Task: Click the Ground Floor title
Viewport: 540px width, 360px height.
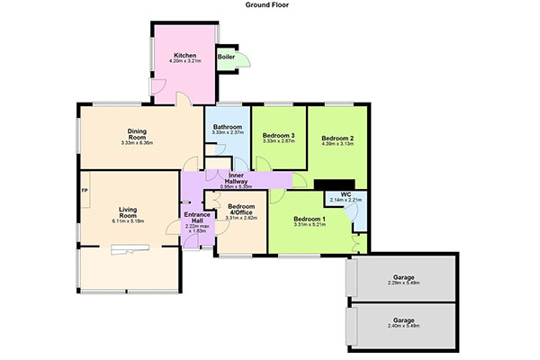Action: (267, 4)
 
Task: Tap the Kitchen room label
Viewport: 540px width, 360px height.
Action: (184, 55)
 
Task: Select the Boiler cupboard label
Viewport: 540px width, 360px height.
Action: (226, 57)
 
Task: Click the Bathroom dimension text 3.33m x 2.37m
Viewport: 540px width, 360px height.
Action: (228, 132)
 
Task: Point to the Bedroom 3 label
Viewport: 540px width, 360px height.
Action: (279, 135)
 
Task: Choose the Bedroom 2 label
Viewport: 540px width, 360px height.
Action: (337, 138)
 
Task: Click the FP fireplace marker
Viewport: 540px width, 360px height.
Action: (85, 190)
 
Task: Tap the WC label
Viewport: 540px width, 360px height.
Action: (346, 194)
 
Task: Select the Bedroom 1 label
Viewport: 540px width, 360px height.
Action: (310, 219)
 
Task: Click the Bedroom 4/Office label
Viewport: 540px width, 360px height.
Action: (241, 210)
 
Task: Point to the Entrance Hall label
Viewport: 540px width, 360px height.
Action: (197, 218)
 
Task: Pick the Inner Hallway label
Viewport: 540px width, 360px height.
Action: (236, 178)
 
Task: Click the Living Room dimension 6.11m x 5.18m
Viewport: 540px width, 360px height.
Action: (128, 221)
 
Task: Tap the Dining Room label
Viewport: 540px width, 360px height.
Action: (137, 134)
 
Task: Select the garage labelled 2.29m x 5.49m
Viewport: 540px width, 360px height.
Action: (403, 280)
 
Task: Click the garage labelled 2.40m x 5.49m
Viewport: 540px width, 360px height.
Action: (403, 323)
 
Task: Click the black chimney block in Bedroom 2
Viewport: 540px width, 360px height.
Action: (335, 184)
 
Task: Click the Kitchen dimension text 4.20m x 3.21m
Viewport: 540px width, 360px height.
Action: (184, 61)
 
